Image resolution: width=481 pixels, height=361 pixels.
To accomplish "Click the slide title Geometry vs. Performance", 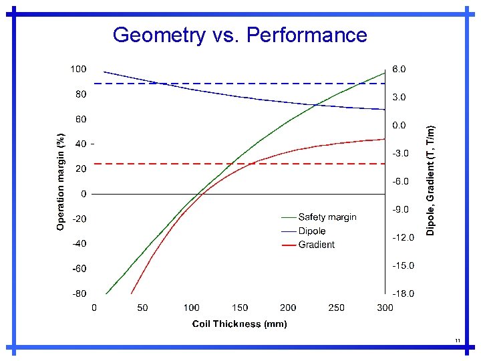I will coord(240,35).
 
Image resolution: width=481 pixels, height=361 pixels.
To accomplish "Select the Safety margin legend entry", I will coord(327,217).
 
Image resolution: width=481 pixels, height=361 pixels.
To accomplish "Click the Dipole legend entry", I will coord(311,231).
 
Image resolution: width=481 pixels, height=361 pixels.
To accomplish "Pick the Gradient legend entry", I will coord(316,245).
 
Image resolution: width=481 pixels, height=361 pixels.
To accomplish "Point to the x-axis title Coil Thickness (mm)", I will coord(239,324).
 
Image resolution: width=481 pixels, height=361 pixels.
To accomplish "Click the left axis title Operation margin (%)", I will coord(61,181).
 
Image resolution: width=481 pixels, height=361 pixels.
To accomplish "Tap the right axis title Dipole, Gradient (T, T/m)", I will coord(431,181).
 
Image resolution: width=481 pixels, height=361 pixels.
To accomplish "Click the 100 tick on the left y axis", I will coord(78,69).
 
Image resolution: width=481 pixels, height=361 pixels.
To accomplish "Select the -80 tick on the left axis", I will coord(78,293).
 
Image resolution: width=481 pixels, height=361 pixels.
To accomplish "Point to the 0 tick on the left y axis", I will coord(83,194).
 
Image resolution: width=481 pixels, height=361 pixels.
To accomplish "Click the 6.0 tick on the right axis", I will coord(398,69).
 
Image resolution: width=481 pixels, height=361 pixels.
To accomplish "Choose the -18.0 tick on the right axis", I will coord(402,293).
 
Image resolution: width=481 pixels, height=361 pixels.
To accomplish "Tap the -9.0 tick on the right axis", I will coord(400,209).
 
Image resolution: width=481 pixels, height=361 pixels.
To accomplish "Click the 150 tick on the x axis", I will coord(240,308).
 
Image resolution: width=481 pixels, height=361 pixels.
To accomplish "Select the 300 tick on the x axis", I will coord(385,308).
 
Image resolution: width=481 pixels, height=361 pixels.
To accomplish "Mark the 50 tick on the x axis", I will coord(142,308).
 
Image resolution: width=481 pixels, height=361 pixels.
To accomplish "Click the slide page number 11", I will coord(458,341).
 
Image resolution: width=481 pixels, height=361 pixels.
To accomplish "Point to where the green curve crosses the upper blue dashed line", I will coord(361,84).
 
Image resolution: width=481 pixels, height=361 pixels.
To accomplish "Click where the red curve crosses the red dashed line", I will coord(250,163).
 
